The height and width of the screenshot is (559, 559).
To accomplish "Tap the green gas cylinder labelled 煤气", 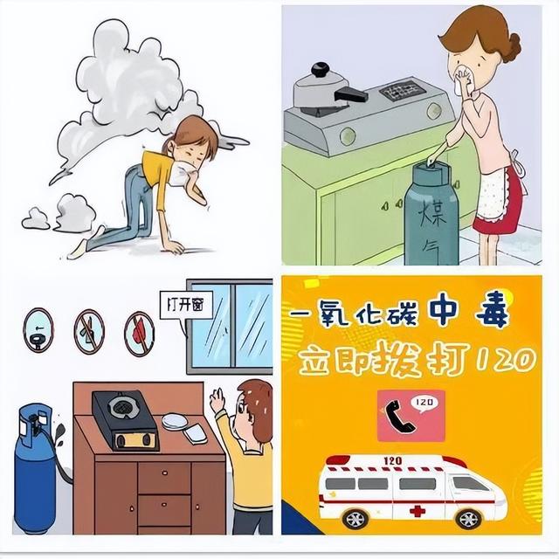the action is [432, 213].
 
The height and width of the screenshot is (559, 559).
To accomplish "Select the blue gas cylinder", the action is [36, 468].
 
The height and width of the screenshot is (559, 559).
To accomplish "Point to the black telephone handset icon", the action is [399, 416].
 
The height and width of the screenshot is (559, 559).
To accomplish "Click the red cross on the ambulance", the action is [418, 511].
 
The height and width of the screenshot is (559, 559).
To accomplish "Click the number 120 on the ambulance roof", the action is [392, 460].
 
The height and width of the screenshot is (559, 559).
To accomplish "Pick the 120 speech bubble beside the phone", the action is [425, 404].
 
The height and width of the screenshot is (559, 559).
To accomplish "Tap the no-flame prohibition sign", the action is [140, 334].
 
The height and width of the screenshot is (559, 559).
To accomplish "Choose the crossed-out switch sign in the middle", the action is [89, 332].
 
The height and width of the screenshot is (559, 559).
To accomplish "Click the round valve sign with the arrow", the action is [38, 330].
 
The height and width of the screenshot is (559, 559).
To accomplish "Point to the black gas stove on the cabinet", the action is [125, 420].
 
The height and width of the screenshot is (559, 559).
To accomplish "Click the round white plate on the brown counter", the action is [175, 421].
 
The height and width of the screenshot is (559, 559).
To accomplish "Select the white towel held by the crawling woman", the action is [183, 170].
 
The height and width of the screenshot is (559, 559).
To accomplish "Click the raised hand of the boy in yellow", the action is [217, 400].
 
